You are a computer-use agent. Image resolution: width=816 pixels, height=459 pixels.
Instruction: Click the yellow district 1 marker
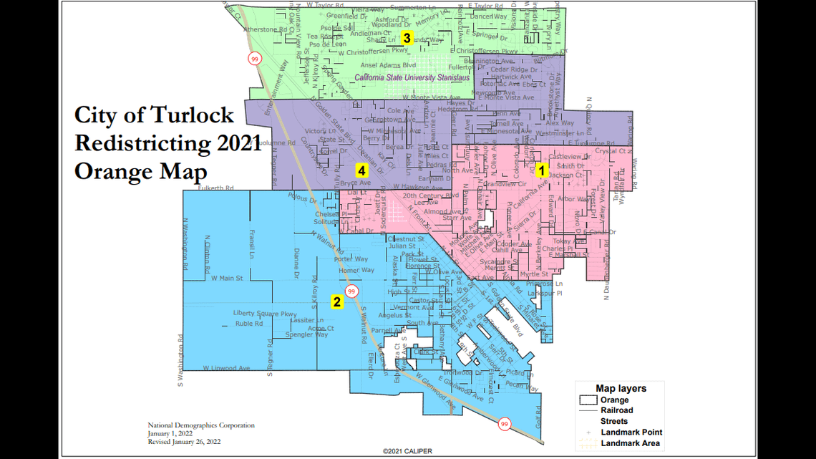[x=542, y=170]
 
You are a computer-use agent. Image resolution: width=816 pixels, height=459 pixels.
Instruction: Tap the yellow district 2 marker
[x=336, y=301]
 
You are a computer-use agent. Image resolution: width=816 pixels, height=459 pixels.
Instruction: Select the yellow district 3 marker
[x=407, y=38]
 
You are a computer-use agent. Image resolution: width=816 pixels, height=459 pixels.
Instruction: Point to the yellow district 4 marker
[x=362, y=170]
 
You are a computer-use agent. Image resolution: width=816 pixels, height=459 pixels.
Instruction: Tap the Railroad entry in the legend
[x=616, y=410]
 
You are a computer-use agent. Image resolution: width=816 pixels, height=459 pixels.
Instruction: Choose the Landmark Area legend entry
[x=632, y=443]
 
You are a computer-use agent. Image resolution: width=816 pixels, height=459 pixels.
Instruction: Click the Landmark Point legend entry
[x=631, y=432]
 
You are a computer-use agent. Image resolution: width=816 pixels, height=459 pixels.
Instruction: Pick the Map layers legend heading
[x=621, y=388]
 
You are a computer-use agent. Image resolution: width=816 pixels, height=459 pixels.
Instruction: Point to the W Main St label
[x=227, y=278]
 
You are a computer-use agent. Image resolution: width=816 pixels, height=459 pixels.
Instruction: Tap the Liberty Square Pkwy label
[x=265, y=314]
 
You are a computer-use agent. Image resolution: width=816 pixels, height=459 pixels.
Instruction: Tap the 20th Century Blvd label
[x=430, y=195]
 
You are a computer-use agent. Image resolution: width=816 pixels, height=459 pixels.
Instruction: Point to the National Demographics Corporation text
[x=201, y=425]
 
